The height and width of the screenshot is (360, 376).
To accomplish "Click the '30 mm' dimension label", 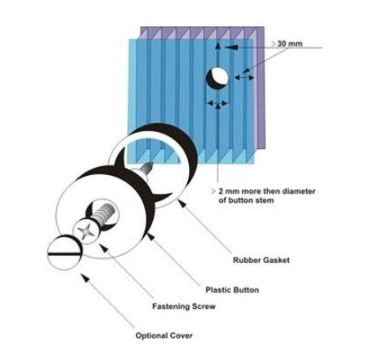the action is [x=290, y=44].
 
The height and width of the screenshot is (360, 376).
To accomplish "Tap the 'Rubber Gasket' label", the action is [x=261, y=260].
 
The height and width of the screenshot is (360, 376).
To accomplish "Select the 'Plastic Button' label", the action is [x=232, y=290].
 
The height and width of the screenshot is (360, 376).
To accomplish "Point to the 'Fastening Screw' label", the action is [x=184, y=306].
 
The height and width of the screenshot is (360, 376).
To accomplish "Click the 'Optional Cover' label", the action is [x=164, y=336].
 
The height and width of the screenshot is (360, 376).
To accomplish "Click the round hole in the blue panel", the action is [x=217, y=78].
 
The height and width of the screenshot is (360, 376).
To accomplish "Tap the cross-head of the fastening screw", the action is [x=86, y=231].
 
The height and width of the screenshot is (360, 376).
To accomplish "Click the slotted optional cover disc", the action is [x=65, y=252].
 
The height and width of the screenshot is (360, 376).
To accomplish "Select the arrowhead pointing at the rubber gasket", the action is [x=181, y=203].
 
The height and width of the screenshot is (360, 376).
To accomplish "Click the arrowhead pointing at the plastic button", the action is [x=151, y=236].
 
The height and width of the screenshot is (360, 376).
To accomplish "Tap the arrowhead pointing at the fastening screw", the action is [x=103, y=248].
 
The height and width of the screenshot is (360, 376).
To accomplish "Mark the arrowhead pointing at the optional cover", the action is [x=85, y=278].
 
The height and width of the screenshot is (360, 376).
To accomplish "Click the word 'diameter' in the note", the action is [x=299, y=191].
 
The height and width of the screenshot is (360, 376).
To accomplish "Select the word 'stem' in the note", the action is [x=265, y=200].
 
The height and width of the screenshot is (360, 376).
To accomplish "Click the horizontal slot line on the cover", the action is [x=65, y=254].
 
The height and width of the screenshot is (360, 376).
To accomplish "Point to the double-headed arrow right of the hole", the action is [x=244, y=77].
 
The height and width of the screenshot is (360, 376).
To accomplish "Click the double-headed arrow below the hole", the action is [x=217, y=103].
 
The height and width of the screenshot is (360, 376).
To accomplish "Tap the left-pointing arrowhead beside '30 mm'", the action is [x=231, y=47].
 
